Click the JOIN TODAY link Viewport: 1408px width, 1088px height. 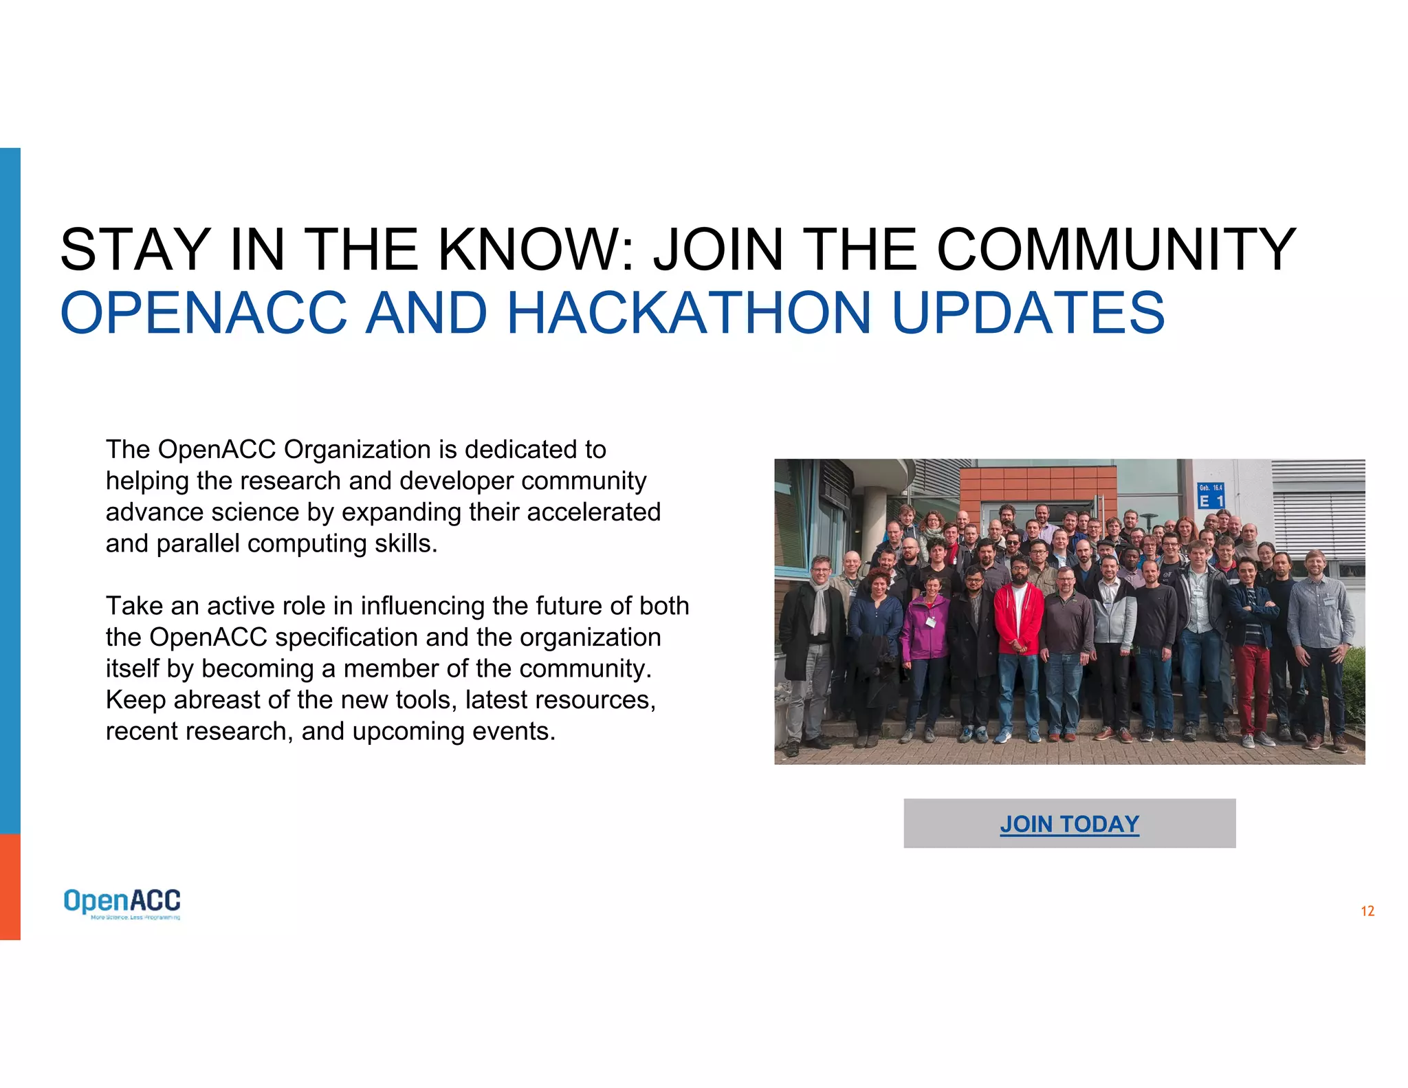[1069, 824]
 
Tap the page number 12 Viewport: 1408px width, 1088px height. [1367, 911]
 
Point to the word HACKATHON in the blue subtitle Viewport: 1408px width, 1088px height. [689, 313]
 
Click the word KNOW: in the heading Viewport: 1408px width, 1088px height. [536, 250]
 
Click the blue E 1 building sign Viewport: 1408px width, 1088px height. [1211, 496]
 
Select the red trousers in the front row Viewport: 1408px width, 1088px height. [1252, 688]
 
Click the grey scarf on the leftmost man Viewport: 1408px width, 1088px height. [818, 605]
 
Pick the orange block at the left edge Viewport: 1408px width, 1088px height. [10, 886]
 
